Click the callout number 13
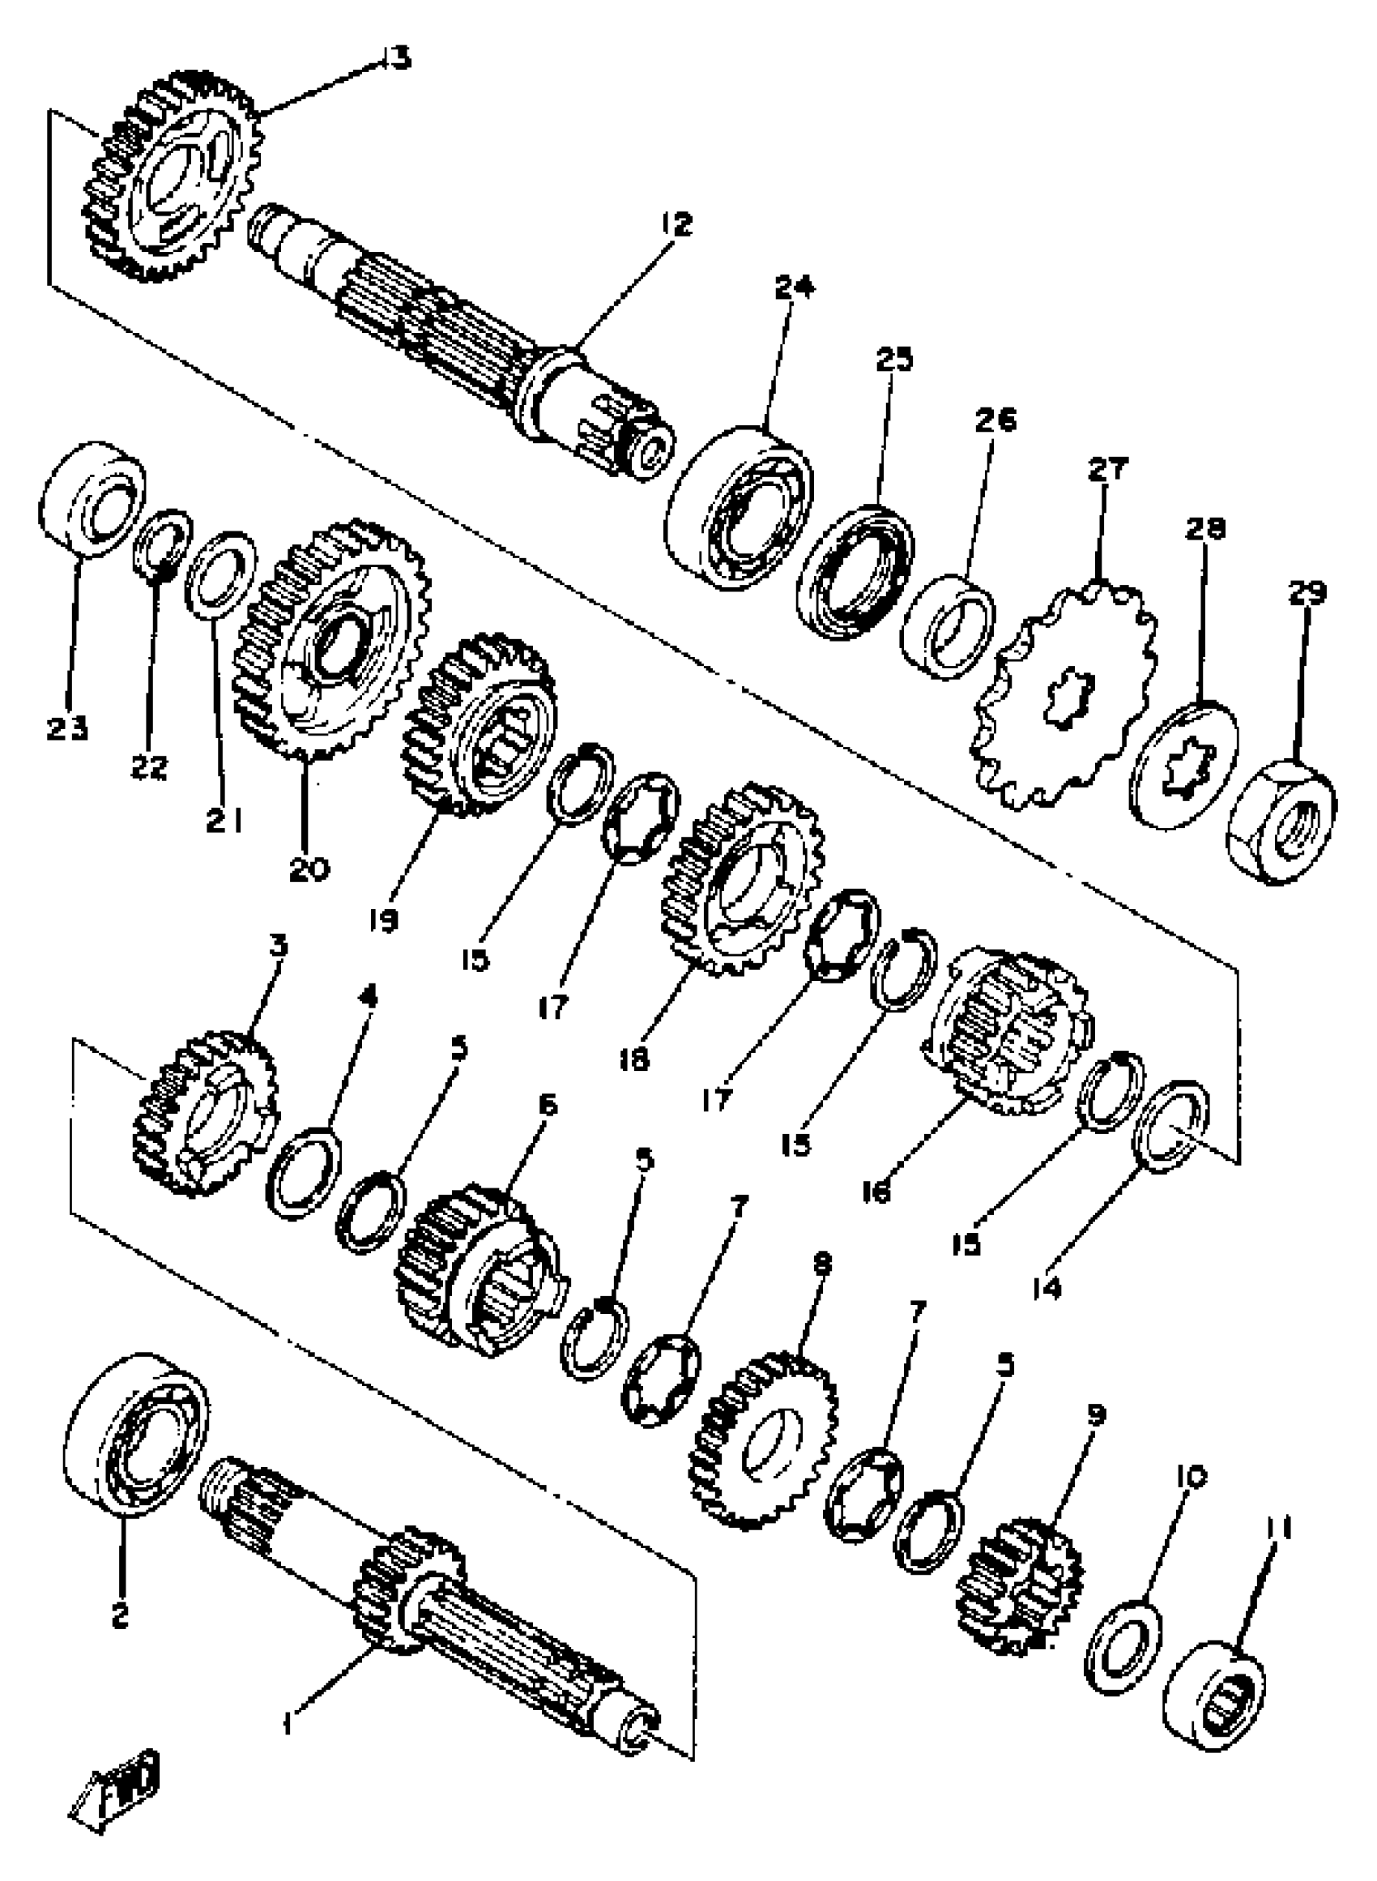396,58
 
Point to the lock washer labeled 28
1183,755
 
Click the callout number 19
383,920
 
